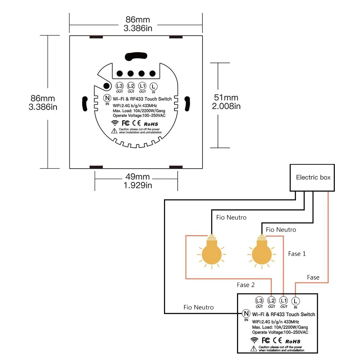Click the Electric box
click(313, 177)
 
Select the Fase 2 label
click(246, 285)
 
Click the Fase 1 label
click(297, 254)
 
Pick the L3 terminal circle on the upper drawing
click(119, 86)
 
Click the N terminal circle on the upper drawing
click(107, 97)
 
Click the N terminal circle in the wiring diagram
click(246, 313)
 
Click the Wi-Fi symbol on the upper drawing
click(115, 123)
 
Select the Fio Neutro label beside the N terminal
click(199, 307)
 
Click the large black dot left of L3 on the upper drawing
click(106, 86)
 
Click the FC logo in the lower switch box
click(266, 340)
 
